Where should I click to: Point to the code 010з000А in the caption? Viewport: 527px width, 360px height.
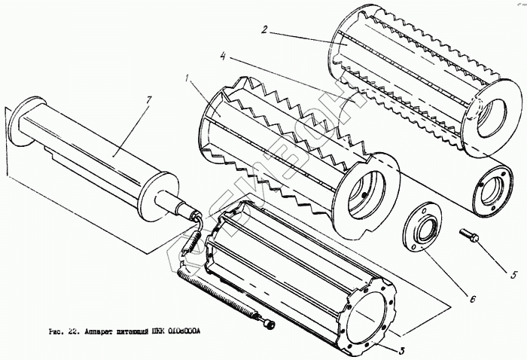pyautogui.click(x=187, y=332)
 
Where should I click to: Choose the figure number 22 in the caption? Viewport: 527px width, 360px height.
pyautogui.click(x=72, y=332)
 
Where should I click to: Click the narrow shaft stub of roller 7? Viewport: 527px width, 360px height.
pyautogui.click(x=186, y=209)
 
